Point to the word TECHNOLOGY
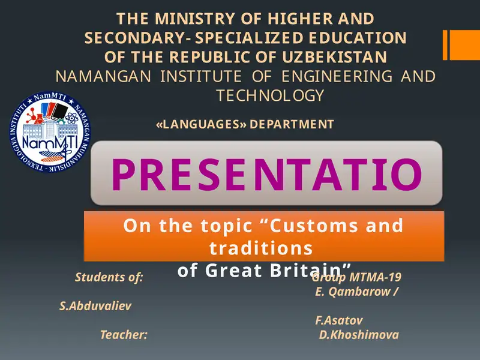270,95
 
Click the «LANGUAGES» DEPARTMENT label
244,125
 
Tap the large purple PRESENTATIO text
266,173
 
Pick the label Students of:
109,277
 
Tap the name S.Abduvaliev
95,306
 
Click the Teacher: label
124,335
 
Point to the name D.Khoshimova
359,335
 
